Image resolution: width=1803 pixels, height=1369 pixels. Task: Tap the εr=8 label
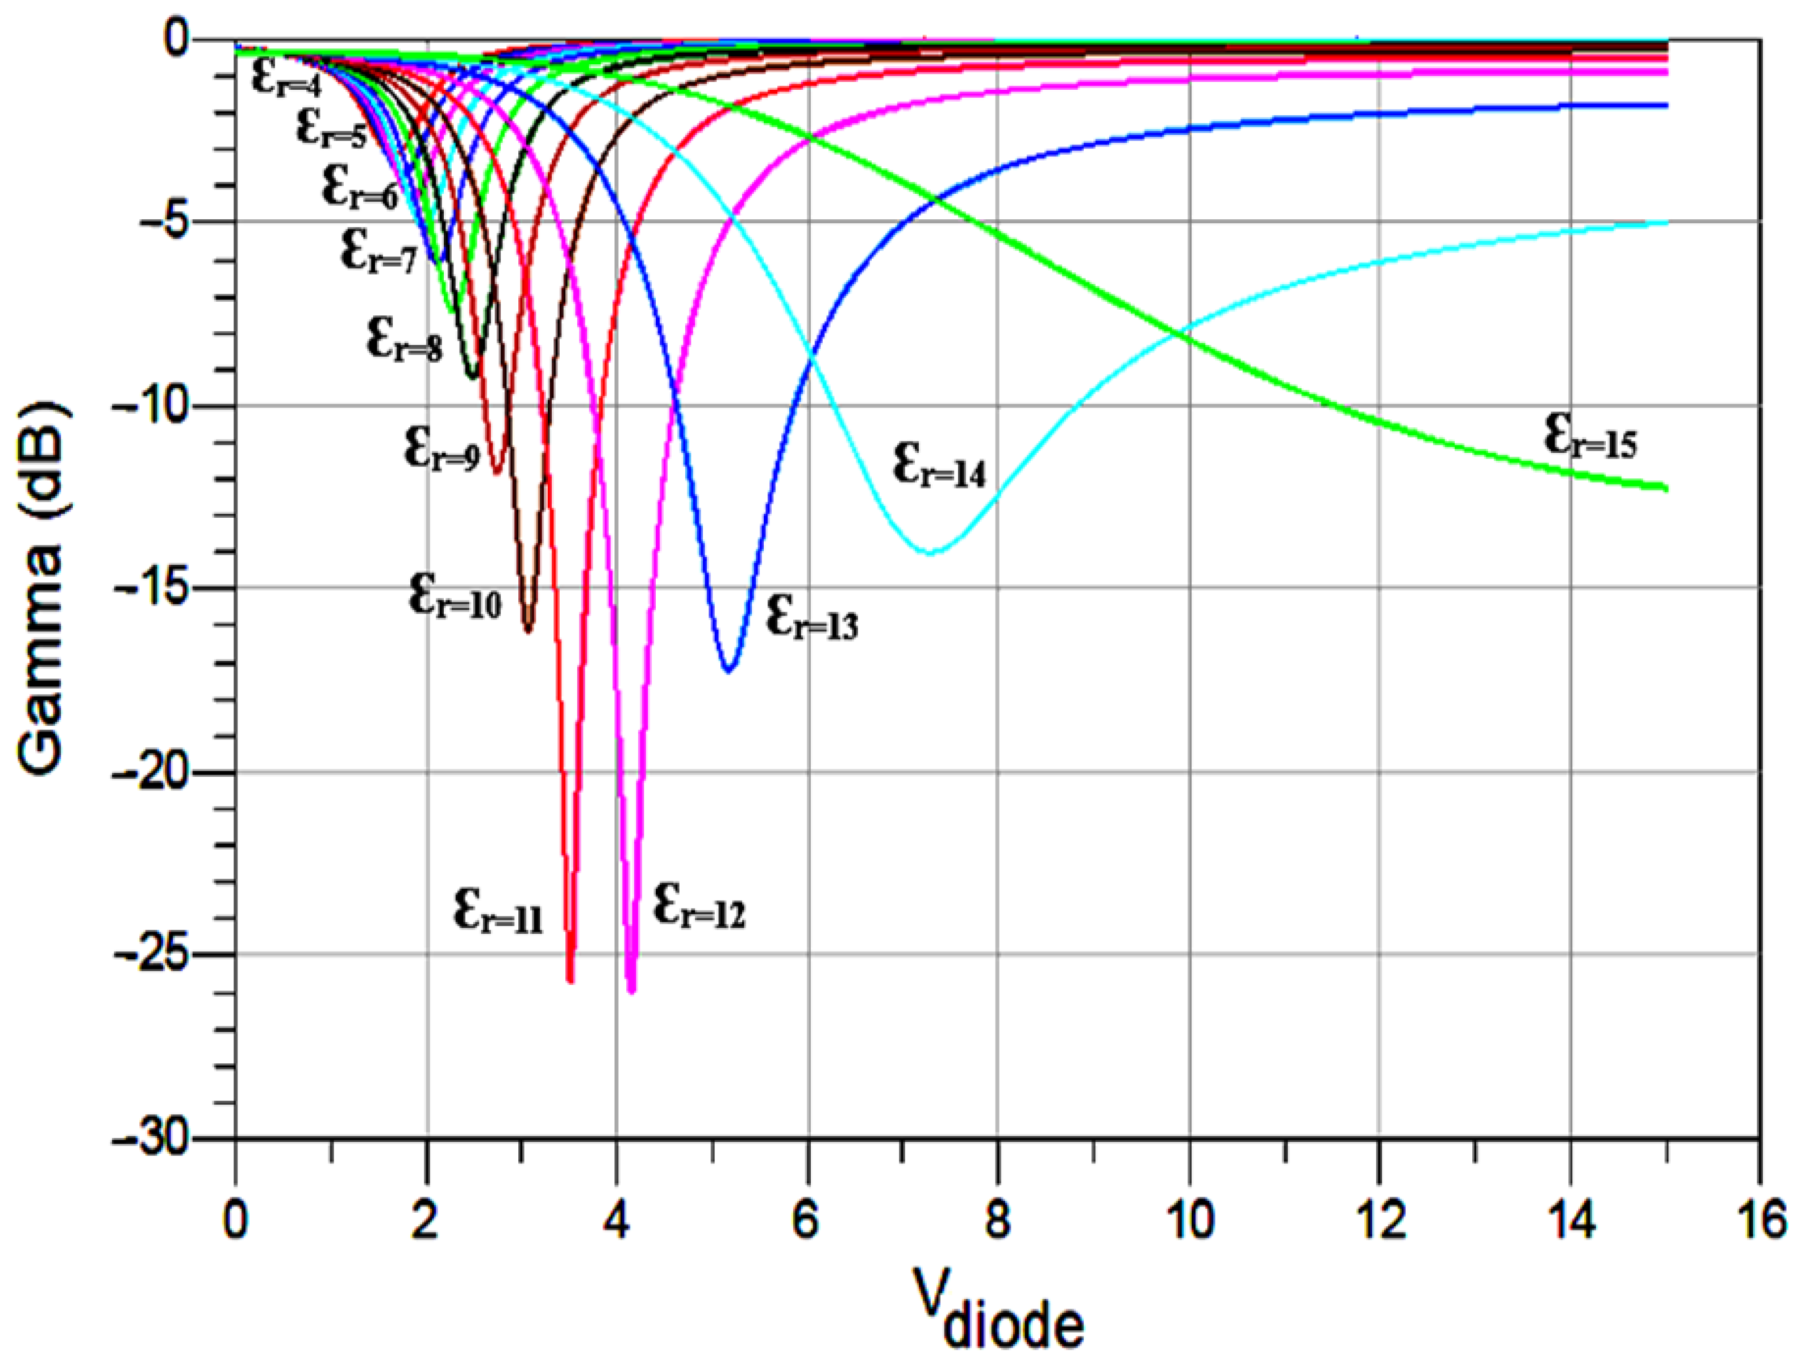click(x=404, y=339)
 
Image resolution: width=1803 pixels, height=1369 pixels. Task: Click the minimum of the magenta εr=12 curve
click(x=631, y=990)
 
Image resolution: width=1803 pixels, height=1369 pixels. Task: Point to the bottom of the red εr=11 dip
click(x=571, y=980)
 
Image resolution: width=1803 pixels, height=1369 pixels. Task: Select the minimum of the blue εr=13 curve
click(x=730, y=669)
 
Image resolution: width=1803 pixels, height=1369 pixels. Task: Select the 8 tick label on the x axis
click(x=998, y=1223)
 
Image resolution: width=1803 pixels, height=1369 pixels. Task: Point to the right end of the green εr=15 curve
click(x=1666, y=488)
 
